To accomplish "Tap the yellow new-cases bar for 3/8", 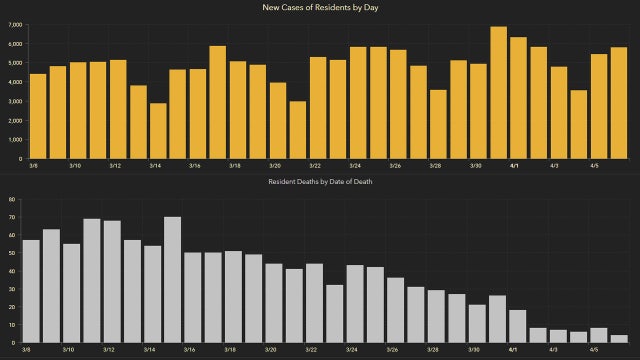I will point(38,116).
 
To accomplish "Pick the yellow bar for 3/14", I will point(158,131).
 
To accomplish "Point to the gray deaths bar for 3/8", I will point(31,291).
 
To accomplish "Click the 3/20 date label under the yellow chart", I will point(275,166).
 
